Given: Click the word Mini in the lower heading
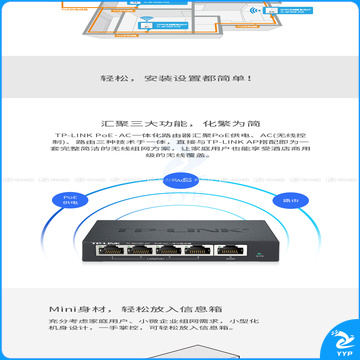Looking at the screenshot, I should point(113,309).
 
